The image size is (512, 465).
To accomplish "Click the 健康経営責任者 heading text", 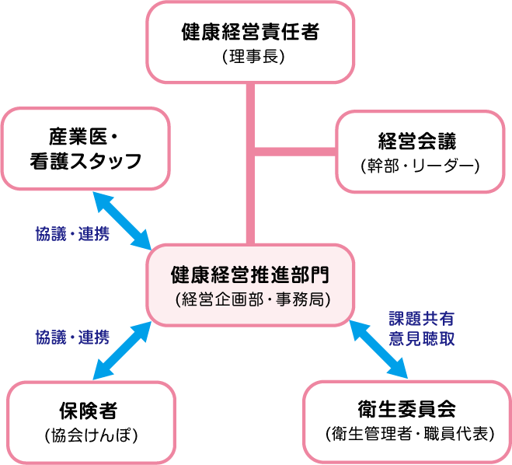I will pos(250,33).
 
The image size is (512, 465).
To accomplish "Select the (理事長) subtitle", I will pos(250,57).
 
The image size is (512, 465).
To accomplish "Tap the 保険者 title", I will pos(87,410).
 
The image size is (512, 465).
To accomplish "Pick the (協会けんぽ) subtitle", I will pos(87,434).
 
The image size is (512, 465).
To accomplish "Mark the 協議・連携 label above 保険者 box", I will pos(72,337).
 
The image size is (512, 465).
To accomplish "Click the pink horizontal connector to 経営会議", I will pos(296,150).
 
